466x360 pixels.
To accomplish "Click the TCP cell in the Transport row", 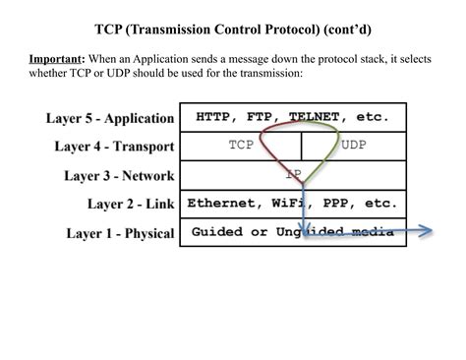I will coord(242,146).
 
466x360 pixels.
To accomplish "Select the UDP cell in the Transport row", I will coord(354,146).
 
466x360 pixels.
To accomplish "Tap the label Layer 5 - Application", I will coord(110,118).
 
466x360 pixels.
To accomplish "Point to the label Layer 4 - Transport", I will coord(115,147).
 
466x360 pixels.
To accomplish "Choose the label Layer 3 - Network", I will coord(119,176).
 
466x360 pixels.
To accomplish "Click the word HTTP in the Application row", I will coord(214,117).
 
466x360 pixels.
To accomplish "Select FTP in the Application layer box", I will coord(262,117).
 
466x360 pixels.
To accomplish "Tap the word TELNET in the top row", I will coord(315,117).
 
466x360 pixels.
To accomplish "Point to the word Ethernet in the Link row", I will coord(220,204).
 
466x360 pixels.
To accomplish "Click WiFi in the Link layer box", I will coord(286,204).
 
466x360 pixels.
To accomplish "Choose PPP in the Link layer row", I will coord(334,204).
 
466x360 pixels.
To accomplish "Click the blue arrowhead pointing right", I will coord(428,233).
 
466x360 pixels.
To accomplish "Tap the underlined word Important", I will coord(55,59).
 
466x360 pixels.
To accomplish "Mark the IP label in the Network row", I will coord(294,175).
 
